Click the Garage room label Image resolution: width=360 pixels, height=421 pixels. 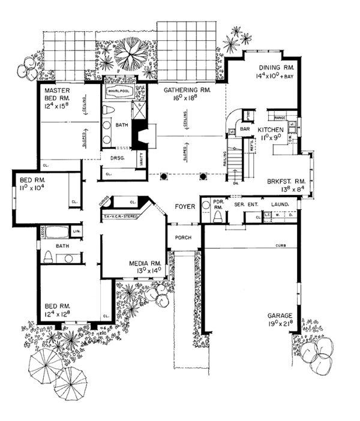coord(280,315)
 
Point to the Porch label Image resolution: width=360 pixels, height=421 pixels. coord(182,237)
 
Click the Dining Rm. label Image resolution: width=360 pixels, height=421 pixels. coord(274,68)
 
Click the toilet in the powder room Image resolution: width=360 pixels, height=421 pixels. coord(218,215)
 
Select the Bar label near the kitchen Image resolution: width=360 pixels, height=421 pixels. coord(245,129)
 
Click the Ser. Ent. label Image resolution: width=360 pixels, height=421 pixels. coord(242,205)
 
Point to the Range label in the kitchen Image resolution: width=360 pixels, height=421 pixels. coord(280,110)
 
